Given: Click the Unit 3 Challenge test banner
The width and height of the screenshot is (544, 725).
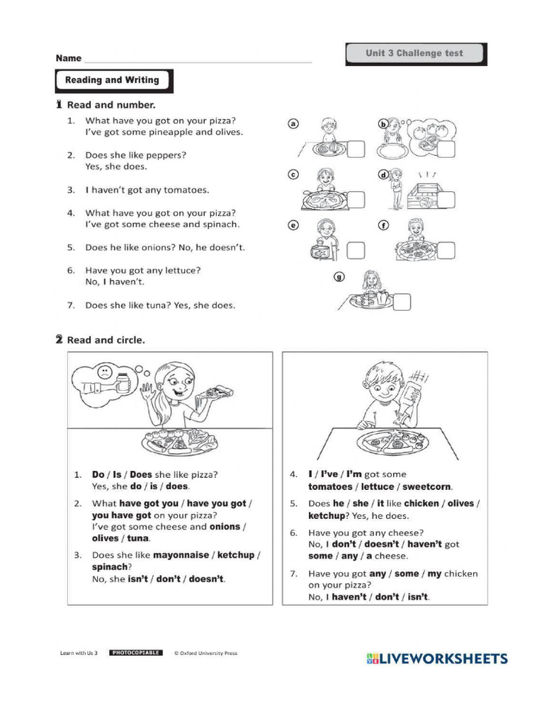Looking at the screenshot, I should pyautogui.click(x=414, y=54).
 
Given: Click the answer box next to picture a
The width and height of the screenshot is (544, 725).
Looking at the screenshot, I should pyautogui.click(x=356, y=149).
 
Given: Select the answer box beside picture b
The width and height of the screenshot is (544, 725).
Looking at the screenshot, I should pyautogui.click(x=447, y=150).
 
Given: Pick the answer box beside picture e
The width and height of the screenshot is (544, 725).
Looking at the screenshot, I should pyautogui.click(x=356, y=250).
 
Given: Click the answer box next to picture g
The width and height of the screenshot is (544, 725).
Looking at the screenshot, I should pyautogui.click(x=400, y=302).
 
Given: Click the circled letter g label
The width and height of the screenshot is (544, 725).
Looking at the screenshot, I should pyautogui.click(x=339, y=277).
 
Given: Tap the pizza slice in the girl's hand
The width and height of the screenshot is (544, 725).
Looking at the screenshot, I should pyautogui.click(x=215, y=392).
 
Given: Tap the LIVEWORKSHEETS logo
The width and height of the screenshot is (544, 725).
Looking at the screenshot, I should pyautogui.click(x=437, y=659).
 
